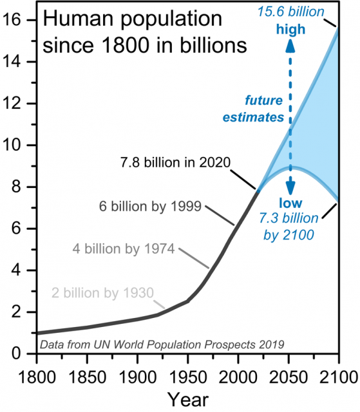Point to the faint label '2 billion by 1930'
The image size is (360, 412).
click(x=103, y=294)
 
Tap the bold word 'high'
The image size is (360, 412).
click(x=291, y=30)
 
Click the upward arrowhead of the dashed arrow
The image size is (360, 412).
click(x=291, y=45)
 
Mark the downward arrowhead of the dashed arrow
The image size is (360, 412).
click(x=291, y=189)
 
